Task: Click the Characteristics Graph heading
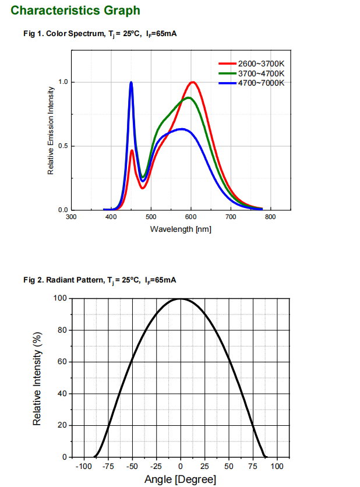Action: [76, 10]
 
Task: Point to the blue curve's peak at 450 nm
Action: [131, 82]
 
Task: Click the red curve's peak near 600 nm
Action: [193, 82]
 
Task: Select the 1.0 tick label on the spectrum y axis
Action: [63, 82]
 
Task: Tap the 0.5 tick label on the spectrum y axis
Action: [63, 146]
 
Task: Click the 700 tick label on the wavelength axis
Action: [231, 217]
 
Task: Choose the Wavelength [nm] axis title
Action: [181, 229]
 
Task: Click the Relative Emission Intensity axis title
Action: [51, 130]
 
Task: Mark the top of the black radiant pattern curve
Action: [181, 299]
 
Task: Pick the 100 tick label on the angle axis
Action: [277, 467]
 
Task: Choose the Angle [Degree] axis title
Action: [180, 479]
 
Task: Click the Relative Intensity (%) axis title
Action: [37, 378]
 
